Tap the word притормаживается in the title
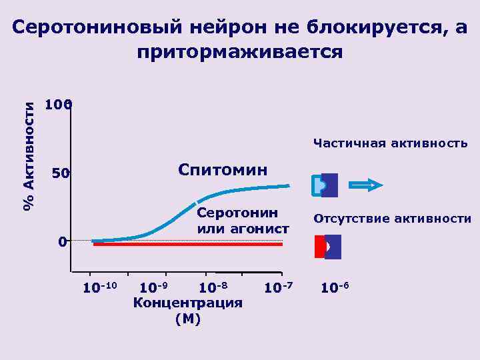click(240, 52)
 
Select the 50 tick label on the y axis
click(61, 174)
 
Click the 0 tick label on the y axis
click(61, 242)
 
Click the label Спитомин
click(223, 169)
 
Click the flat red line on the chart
click(187, 245)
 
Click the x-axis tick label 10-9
click(153, 288)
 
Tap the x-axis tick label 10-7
click(278, 288)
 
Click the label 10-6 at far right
click(335, 288)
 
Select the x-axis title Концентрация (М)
click(187, 311)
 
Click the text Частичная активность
click(390, 143)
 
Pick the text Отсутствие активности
click(393, 219)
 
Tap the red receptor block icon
click(320, 247)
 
